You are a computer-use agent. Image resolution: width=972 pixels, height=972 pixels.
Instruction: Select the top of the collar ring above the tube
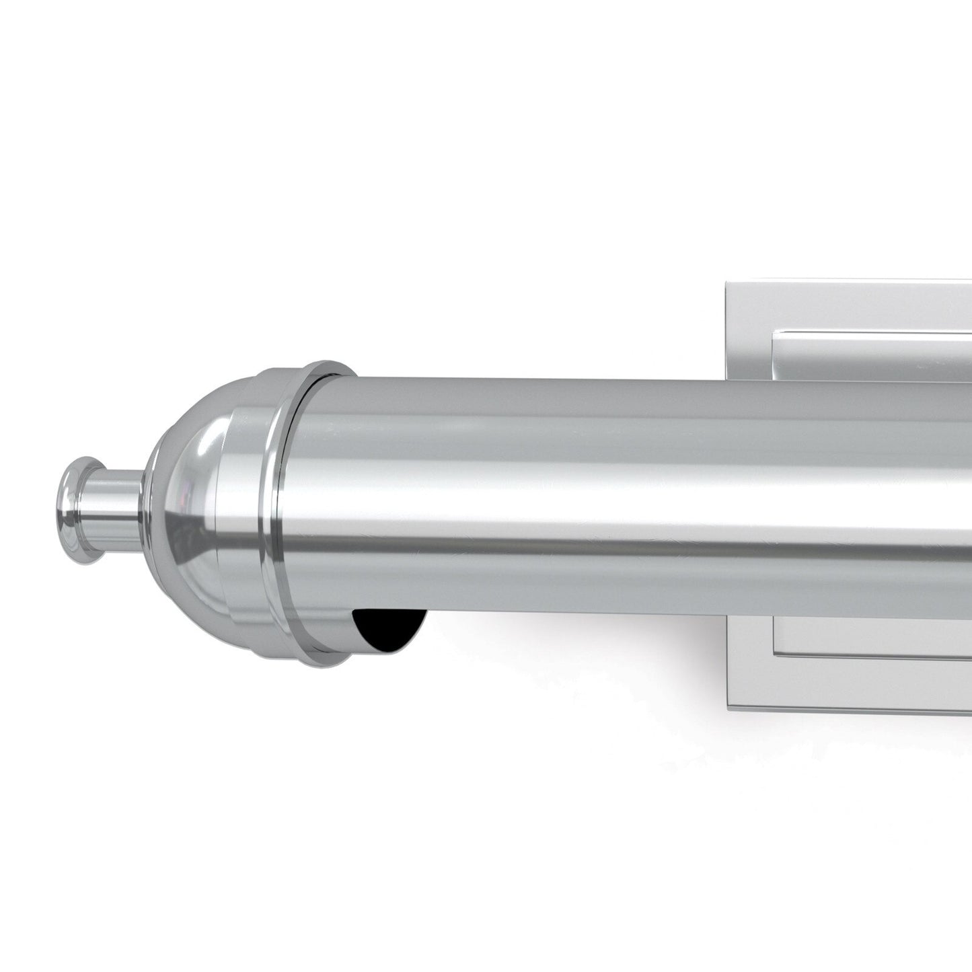tap(323, 366)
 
